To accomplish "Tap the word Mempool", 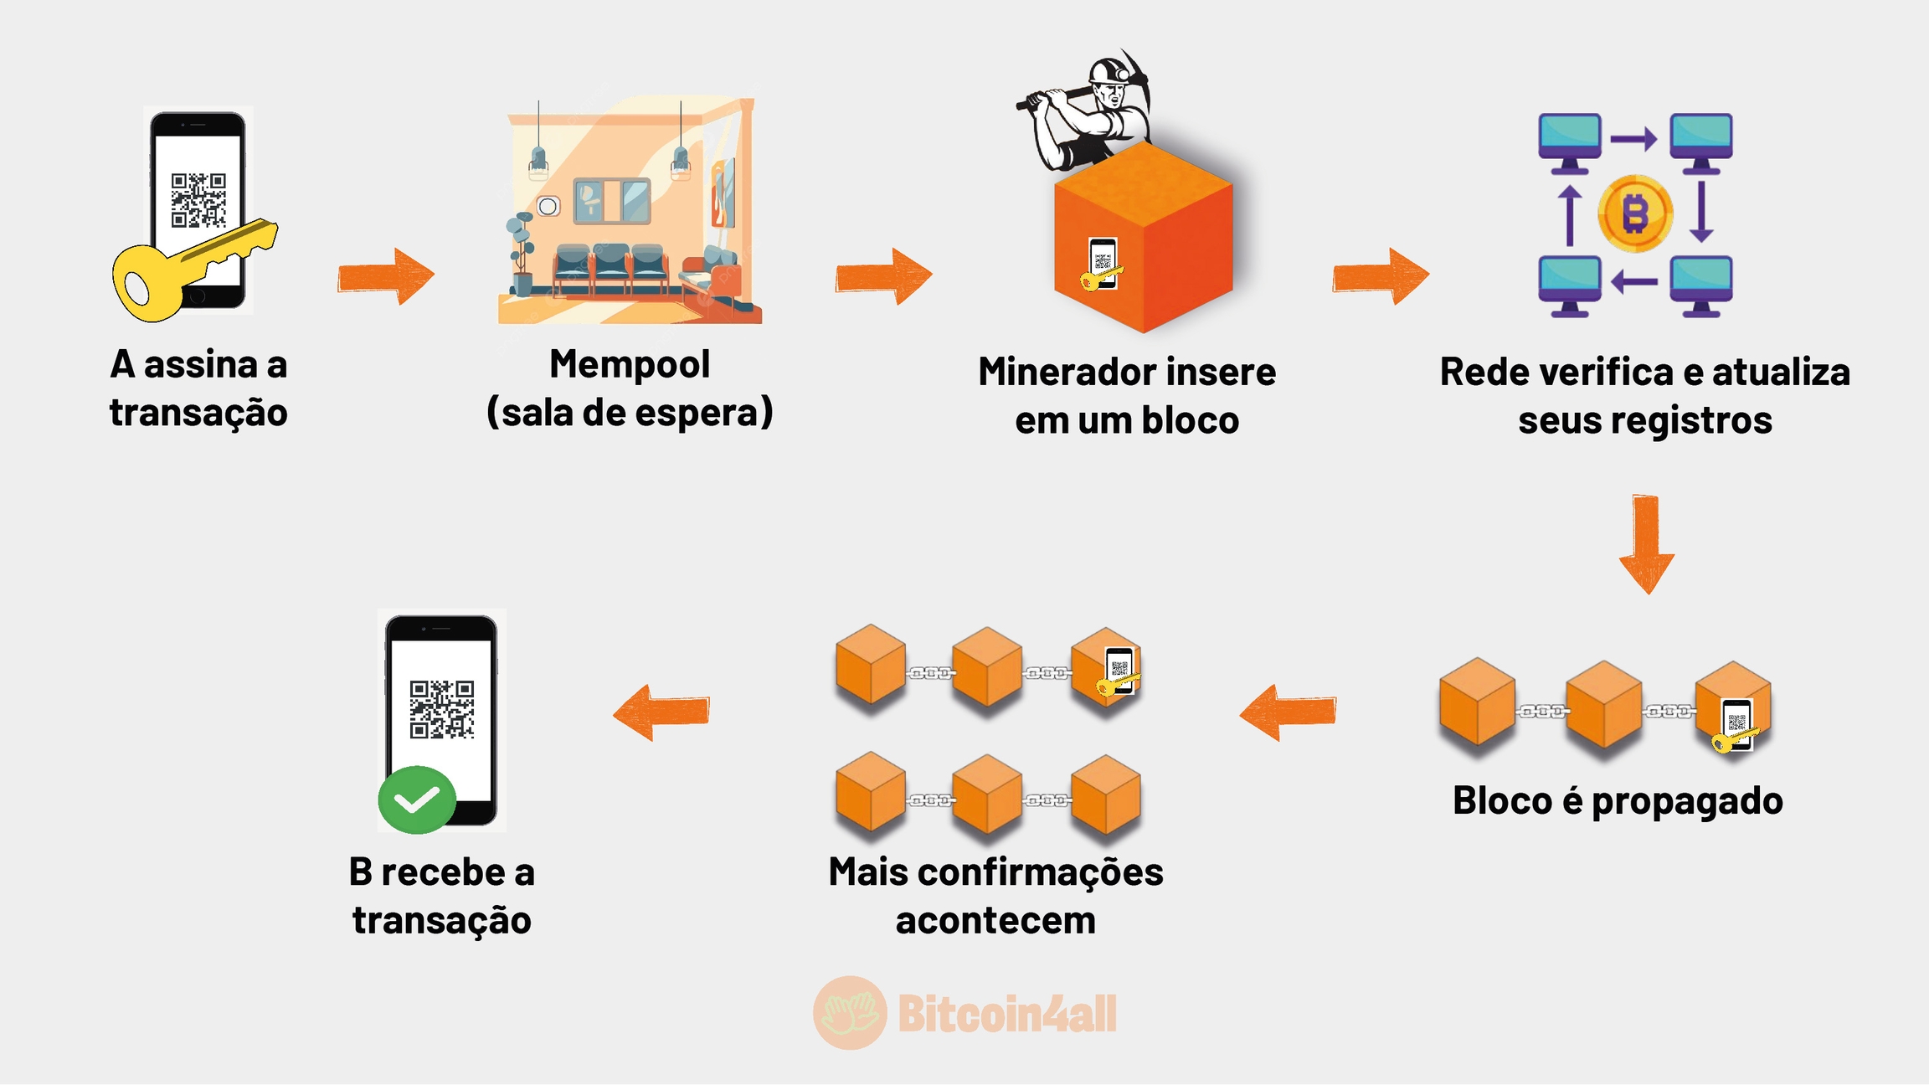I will (x=630, y=364).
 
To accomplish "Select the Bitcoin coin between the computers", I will (x=1635, y=213).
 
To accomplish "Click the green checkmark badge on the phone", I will (x=416, y=800).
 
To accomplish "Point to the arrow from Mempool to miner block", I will (x=883, y=275).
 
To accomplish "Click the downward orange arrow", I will (x=1646, y=544).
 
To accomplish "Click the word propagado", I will (x=1687, y=802).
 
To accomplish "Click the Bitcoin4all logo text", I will (x=1007, y=1014).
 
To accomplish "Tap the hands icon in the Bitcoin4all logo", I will (x=850, y=1013).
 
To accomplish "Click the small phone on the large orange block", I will (x=1103, y=263).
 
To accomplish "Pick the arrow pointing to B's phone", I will (x=661, y=712).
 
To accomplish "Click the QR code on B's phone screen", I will (x=442, y=709).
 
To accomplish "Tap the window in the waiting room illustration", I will (x=612, y=201).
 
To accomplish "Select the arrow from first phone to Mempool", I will (x=386, y=275).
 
